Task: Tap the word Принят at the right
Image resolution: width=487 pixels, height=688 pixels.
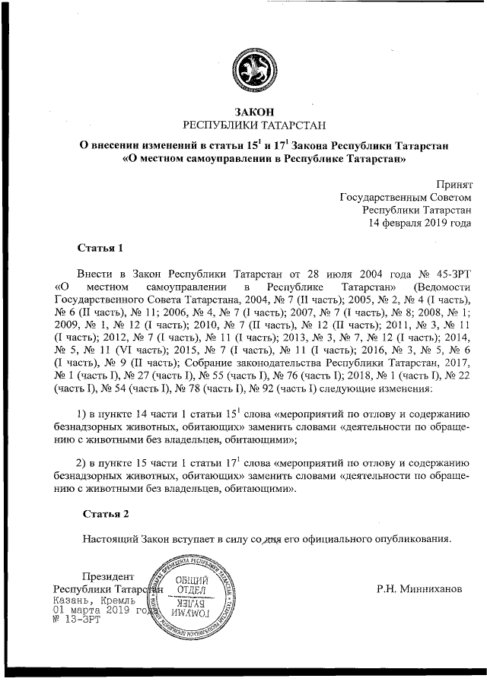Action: pos(454,184)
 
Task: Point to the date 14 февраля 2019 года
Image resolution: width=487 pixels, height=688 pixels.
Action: pos(420,224)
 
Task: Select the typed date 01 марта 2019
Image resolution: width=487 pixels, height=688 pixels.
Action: pos(89,610)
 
